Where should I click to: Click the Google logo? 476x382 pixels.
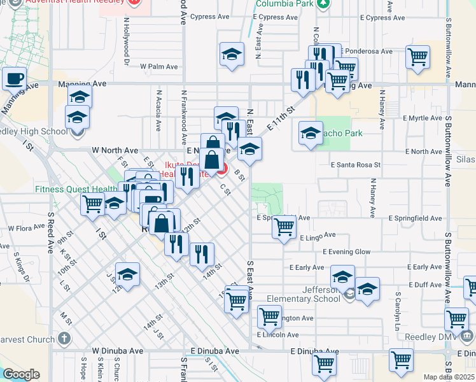pos(21,374)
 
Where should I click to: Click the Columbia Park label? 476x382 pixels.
pos(284,3)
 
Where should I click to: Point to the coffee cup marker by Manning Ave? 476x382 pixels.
pos(14,79)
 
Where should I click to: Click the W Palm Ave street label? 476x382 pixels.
pos(158,66)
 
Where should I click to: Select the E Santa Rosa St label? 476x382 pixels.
pos(349,164)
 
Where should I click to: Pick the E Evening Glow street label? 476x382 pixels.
pos(346,252)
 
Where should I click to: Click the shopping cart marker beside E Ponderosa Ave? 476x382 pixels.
pos(418,57)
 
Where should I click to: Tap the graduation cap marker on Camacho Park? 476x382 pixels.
pos(311,134)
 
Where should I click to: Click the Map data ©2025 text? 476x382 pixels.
pos(448,377)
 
